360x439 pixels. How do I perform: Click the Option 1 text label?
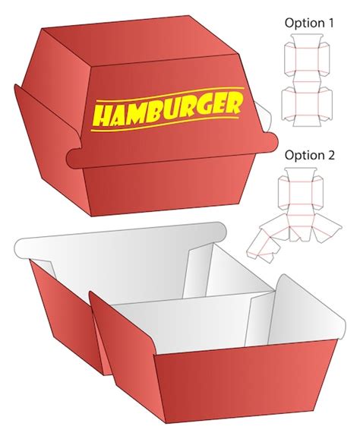[x=309, y=23]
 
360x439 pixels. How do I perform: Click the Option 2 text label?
[x=309, y=155]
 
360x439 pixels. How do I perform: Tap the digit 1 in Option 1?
[x=330, y=23]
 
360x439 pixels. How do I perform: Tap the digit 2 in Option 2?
[x=330, y=155]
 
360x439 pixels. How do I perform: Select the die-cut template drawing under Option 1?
[x=308, y=84]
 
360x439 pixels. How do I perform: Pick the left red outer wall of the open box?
[x=61, y=304]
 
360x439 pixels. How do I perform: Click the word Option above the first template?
[x=303, y=23]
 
